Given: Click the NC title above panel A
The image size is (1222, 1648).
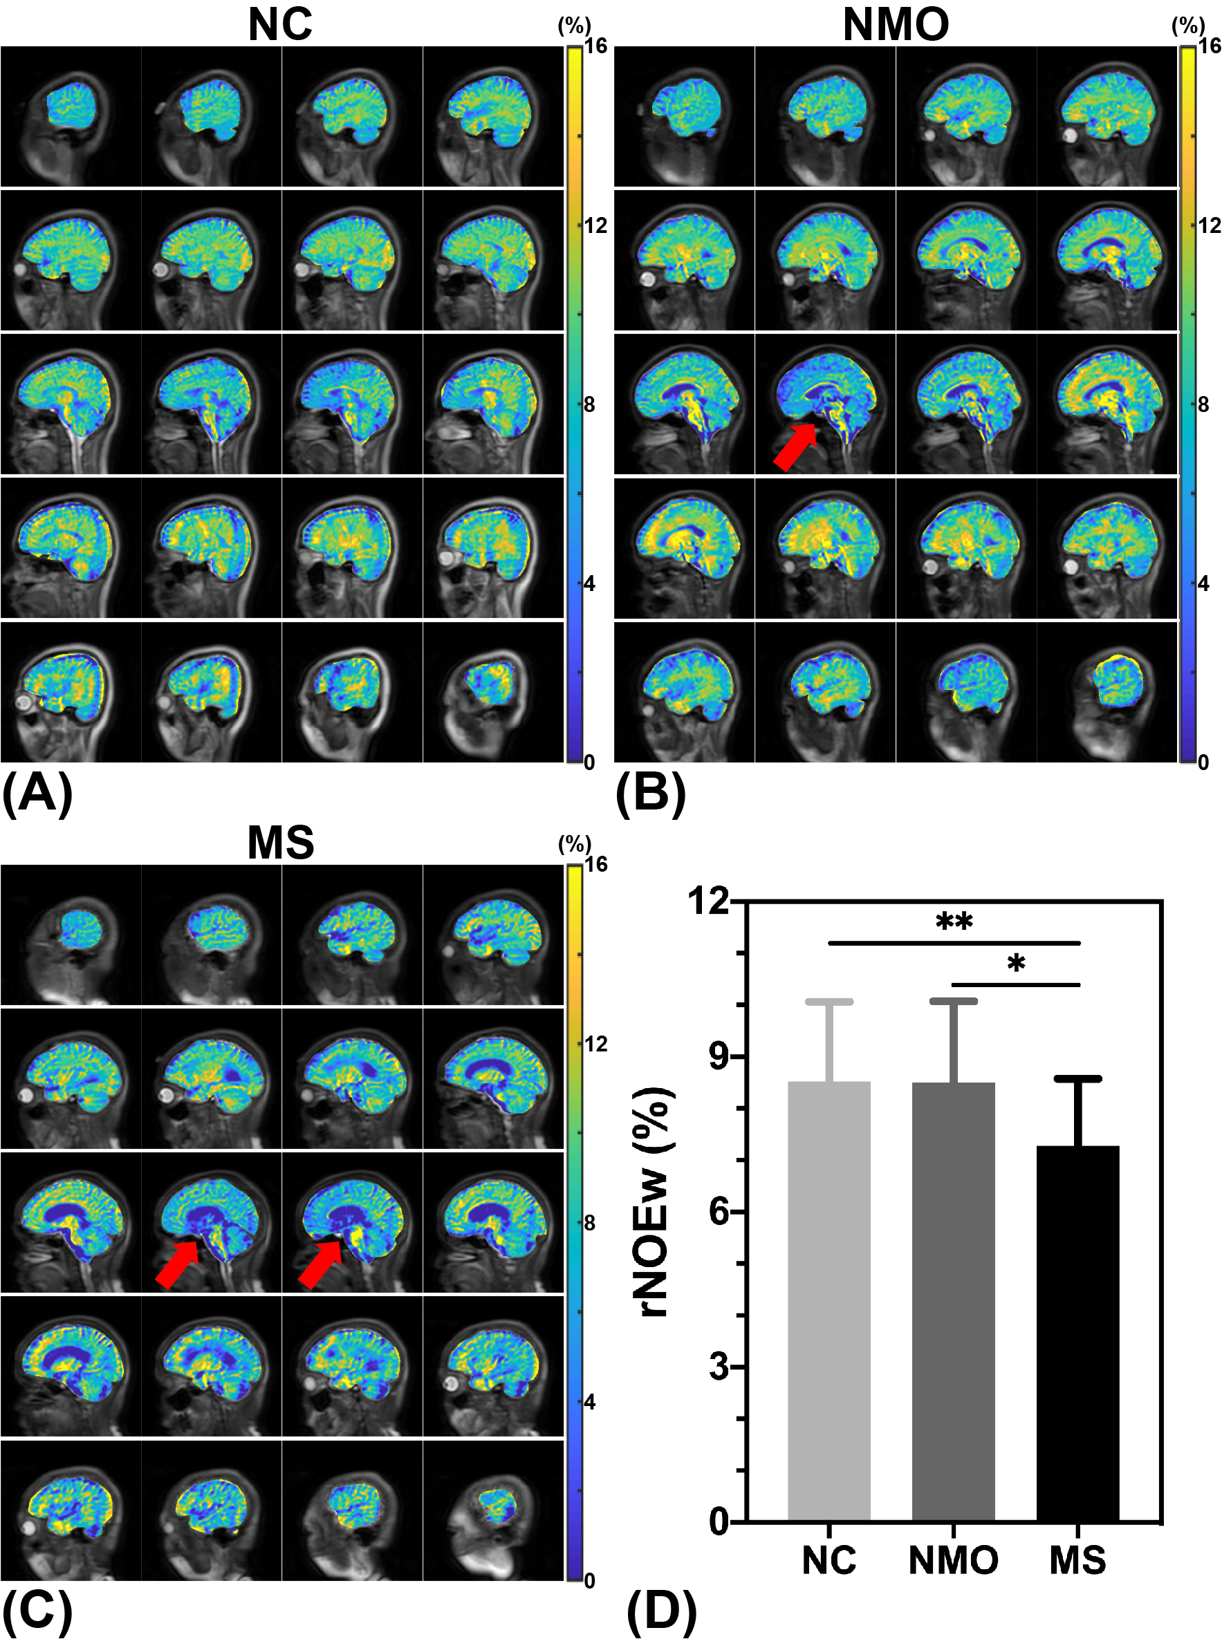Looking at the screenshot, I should (279, 24).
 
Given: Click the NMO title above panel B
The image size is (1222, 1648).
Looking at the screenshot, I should (895, 24).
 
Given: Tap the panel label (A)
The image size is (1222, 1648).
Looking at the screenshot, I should (37, 794).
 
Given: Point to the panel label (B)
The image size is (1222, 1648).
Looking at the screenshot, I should (650, 794).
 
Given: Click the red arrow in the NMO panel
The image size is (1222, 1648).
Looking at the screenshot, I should (795, 447).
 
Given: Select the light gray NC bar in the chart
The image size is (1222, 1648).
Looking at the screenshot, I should (828, 1301).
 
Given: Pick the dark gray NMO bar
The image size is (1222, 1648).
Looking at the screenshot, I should (953, 1301).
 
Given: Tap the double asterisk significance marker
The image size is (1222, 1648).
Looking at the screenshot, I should (954, 921).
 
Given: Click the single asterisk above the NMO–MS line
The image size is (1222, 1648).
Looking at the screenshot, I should (1016, 964).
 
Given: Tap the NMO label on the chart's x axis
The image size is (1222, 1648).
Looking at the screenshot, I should (953, 1561).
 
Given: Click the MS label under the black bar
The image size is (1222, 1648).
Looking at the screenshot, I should (1077, 1561).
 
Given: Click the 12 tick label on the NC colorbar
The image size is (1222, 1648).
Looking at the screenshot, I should (595, 225).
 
